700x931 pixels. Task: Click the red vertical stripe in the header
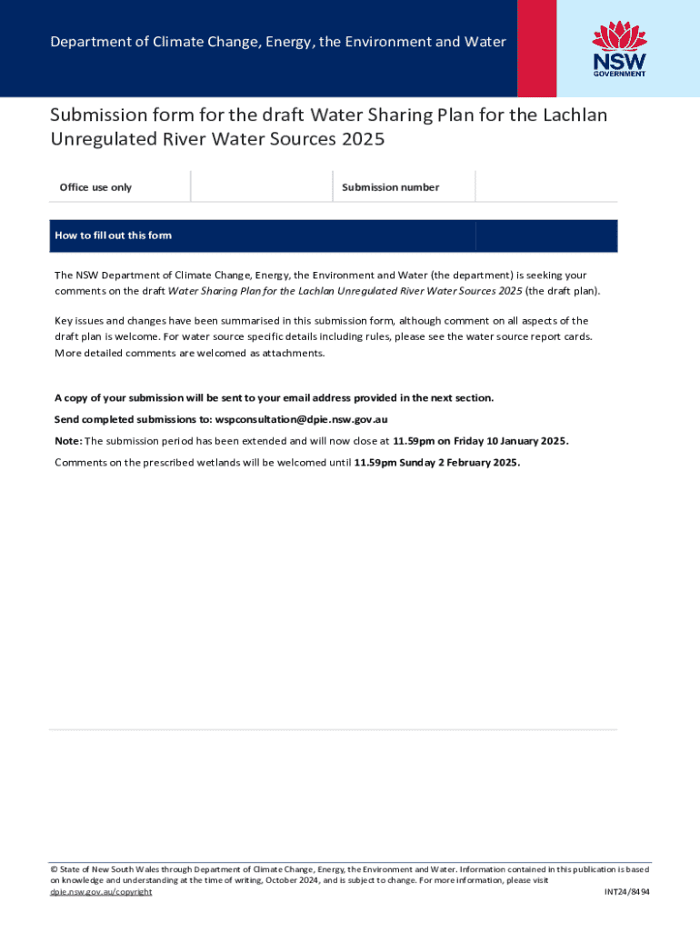pos(537,48)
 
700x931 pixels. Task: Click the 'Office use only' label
pos(95,187)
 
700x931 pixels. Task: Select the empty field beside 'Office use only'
pos(262,187)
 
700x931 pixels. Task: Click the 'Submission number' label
pos(390,187)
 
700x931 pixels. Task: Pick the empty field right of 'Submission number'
pos(545,187)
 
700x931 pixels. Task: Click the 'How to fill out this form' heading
pos(113,235)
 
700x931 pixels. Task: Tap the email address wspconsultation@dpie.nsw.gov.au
pos(301,419)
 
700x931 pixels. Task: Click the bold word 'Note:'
pos(68,441)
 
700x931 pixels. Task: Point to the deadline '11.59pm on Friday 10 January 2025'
pos(480,441)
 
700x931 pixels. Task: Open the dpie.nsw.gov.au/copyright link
pos(101,892)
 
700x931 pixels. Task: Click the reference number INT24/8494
pos(627,892)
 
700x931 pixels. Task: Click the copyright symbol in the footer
pos(54,869)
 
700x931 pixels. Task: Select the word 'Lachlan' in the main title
pos(576,115)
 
